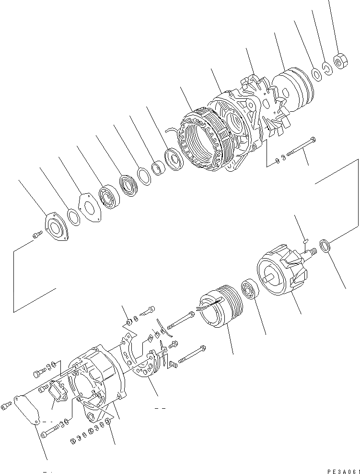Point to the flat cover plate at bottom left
click(x=28, y=410)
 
